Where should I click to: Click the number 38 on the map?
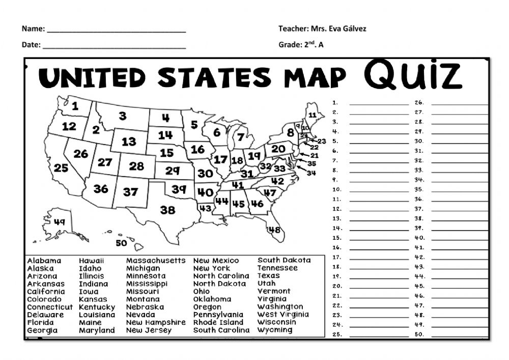click(167, 210)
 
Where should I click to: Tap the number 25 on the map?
click(61, 168)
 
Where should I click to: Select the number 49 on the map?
click(60, 222)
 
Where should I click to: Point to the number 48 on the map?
click(274, 230)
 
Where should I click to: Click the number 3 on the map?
click(123, 116)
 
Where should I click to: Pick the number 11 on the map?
click(313, 115)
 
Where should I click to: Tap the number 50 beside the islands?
click(121, 243)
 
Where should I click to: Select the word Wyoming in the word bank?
click(275, 330)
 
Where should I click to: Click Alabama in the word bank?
click(44, 261)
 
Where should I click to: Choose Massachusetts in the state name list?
click(156, 261)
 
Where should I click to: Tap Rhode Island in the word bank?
click(218, 322)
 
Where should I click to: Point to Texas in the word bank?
click(269, 276)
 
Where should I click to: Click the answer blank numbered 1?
click(379, 103)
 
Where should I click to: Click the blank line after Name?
click(117, 30)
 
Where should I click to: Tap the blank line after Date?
click(114, 46)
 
